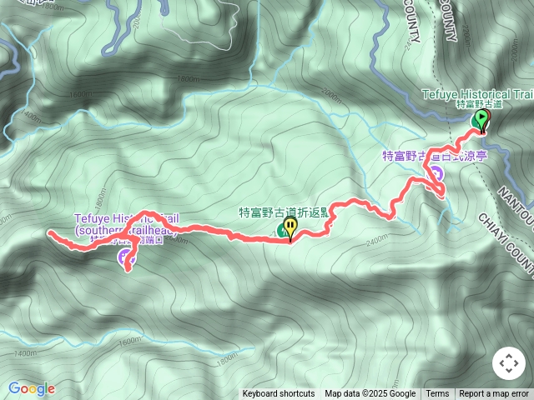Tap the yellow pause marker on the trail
pyautogui.click(x=290, y=226)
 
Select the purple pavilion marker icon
pyautogui.click(x=435, y=174)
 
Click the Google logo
pyautogui.click(x=32, y=388)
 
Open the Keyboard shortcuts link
pyautogui.click(x=279, y=394)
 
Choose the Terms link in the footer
pyautogui.click(x=437, y=394)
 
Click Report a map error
pyautogui.click(x=494, y=394)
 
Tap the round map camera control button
pyautogui.click(x=508, y=364)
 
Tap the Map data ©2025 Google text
pyautogui.click(x=370, y=394)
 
